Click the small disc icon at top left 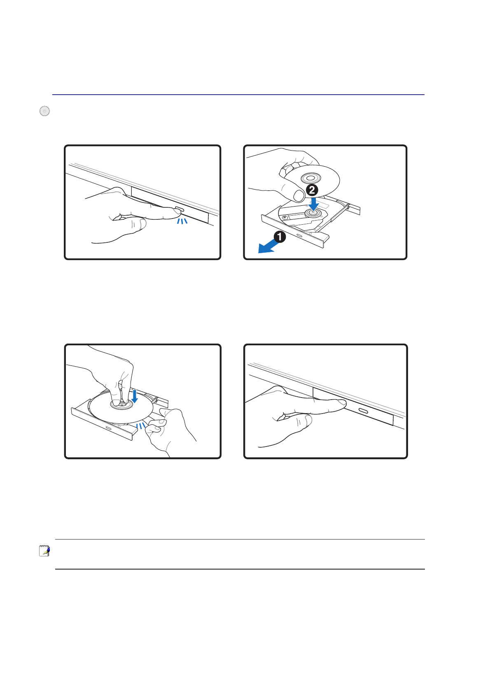coord(44,111)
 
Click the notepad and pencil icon coord(44,551)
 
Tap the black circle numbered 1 coord(280,237)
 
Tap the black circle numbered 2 coord(312,190)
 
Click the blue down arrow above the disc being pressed coord(134,396)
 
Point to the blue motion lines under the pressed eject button coord(182,221)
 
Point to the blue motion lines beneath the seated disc coord(141,426)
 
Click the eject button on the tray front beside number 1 coord(299,235)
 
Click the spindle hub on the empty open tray coord(313,213)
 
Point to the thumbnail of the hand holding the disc coord(299,195)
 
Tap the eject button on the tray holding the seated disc coord(108,428)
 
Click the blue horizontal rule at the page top coord(238,94)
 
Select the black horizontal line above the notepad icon coord(240,539)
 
